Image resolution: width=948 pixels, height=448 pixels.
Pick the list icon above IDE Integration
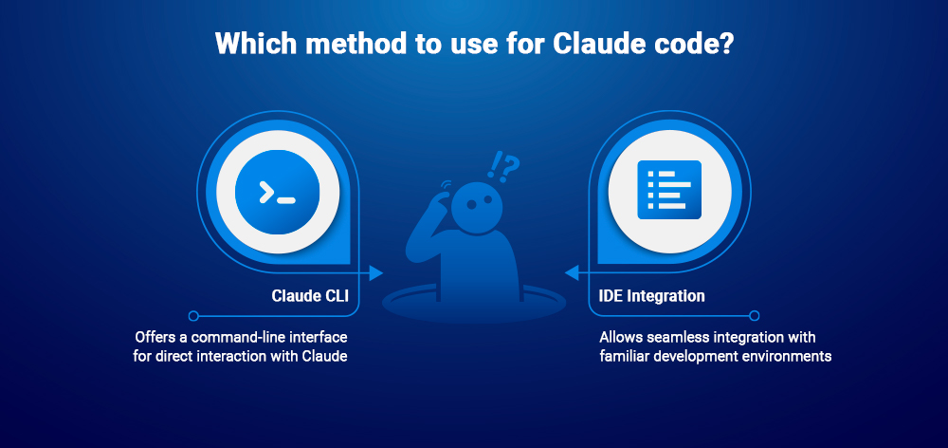coord(669,187)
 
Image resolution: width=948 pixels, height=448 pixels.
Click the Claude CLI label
coord(310,296)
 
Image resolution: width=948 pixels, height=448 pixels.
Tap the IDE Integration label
coord(652,296)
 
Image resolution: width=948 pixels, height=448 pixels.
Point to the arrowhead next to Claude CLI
coord(376,273)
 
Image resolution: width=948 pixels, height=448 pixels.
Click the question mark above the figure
coord(510,167)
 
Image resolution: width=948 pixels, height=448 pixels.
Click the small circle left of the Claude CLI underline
coord(193,315)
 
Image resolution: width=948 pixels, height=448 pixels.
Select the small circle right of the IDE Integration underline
coord(755,315)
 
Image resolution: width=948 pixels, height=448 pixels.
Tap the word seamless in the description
coord(673,337)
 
